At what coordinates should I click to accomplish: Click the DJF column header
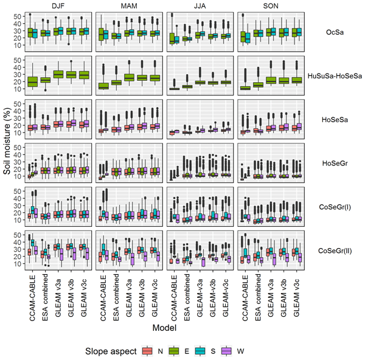point(58,6)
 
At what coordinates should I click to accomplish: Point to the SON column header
point(270,6)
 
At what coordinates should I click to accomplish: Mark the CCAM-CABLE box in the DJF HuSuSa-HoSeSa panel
point(33,81)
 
